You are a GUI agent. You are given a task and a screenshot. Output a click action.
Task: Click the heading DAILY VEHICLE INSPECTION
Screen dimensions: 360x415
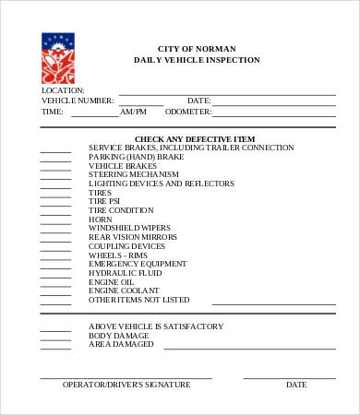tap(197, 60)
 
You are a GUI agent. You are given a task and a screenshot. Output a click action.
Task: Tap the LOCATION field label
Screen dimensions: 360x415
tap(63, 90)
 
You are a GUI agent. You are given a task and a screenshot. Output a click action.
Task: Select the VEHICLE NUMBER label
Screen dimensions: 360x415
tap(78, 101)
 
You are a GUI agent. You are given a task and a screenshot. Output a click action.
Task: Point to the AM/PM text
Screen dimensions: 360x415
tap(133, 112)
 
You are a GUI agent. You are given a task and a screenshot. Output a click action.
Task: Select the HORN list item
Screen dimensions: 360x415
tap(100, 219)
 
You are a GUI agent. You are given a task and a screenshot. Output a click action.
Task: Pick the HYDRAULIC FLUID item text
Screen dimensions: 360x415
tap(125, 273)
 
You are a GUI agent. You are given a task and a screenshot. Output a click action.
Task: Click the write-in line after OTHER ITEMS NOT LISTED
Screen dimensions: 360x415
tap(274, 302)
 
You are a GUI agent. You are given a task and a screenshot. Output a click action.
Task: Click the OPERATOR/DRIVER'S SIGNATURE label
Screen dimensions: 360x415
tap(126, 385)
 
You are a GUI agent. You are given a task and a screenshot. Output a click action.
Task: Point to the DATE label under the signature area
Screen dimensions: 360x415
tap(295, 385)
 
